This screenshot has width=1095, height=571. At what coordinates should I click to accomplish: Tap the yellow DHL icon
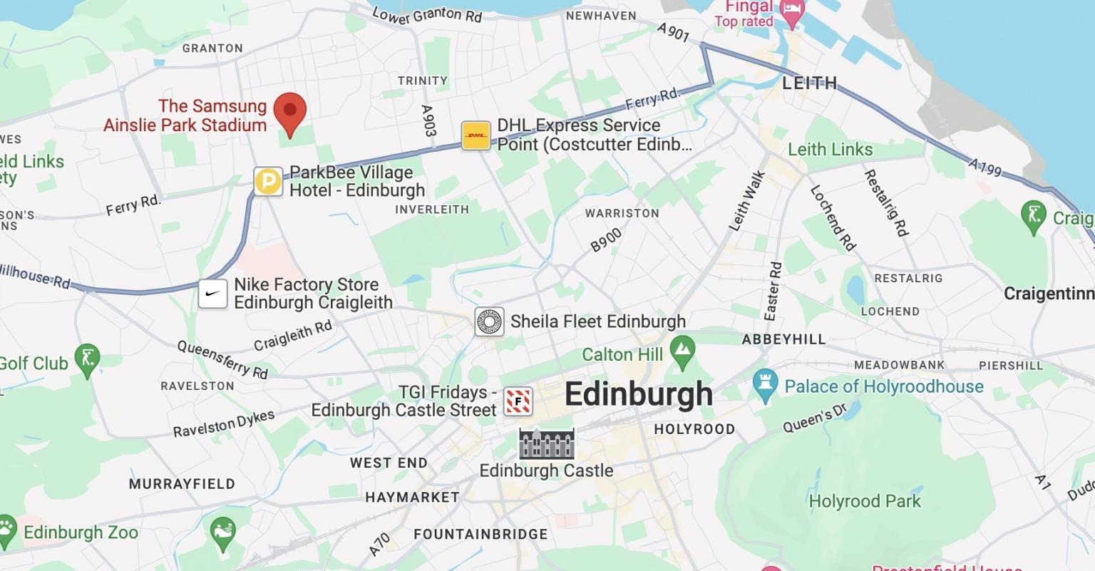(x=475, y=135)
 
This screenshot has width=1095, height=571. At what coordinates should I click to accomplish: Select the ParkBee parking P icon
(x=269, y=181)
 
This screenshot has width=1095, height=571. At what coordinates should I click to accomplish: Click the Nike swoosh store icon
(x=212, y=293)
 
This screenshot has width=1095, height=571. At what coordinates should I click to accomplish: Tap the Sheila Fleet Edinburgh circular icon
(x=490, y=321)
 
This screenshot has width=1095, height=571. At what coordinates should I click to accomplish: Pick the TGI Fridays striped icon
(x=518, y=401)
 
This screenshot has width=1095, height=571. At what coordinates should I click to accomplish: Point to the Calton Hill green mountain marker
(x=683, y=353)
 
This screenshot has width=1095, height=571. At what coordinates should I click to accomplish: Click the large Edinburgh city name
(x=638, y=394)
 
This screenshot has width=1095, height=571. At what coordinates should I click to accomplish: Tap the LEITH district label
(x=810, y=83)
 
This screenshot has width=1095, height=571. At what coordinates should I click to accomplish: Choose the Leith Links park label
(x=830, y=150)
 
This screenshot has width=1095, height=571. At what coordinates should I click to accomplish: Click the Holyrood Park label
(x=865, y=501)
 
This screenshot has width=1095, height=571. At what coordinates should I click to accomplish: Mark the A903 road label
(x=428, y=120)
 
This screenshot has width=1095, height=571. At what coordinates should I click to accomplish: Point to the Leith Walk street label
(x=746, y=200)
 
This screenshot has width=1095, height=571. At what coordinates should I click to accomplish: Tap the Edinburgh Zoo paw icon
(x=7, y=531)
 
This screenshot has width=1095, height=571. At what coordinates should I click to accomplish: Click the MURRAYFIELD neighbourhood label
(x=182, y=484)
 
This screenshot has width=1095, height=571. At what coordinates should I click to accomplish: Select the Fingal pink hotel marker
(x=792, y=12)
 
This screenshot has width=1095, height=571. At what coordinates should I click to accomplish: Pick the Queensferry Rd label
(x=222, y=359)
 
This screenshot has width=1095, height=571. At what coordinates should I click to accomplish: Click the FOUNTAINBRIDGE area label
(x=480, y=534)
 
